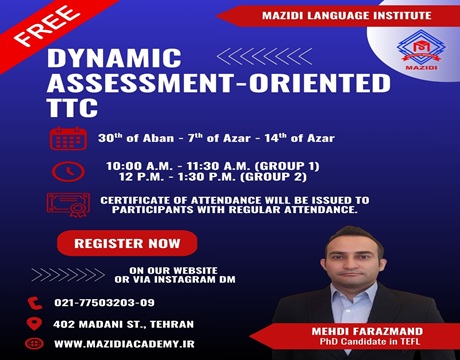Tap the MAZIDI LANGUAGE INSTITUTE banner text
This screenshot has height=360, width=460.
point(321,15)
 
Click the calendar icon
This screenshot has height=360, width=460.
point(68,137)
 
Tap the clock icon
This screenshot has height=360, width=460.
point(68,172)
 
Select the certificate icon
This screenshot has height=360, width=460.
point(68,205)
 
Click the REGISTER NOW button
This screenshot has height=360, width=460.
point(127,243)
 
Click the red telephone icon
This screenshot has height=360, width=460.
point(36,302)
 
